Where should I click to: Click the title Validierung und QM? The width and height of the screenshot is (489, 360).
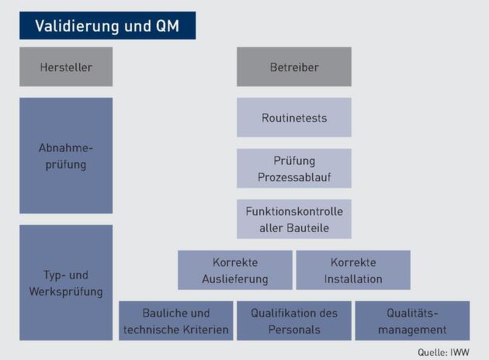(x=107, y=26)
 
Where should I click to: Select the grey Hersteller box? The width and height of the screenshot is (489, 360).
(x=66, y=67)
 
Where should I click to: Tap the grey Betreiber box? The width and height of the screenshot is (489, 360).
(x=294, y=67)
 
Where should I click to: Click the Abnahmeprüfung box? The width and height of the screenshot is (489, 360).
(x=66, y=155)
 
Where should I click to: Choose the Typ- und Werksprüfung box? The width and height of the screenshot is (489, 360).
(x=66, y=283)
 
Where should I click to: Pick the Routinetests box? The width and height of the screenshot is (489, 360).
(x=294, y=118)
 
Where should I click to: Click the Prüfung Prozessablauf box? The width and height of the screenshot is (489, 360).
(x=294, y=168)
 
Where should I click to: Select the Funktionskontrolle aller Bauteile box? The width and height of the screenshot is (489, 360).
(x=294, y=219)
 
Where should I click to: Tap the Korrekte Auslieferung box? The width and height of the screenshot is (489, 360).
(x=235, y=270)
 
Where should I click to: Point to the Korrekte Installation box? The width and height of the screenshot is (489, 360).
(x=353, y=270)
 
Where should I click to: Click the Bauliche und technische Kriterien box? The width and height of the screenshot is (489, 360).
(x=176, y=321)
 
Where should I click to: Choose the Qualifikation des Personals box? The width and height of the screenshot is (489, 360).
(x=294, y=321)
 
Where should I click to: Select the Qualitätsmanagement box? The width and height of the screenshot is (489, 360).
(x=412, y=321)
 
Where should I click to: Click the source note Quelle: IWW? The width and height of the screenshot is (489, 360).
(x=443, y=351)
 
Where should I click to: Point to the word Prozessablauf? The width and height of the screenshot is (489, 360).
(x=294, y=177)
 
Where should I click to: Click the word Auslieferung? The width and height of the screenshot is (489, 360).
(x=235, y=279)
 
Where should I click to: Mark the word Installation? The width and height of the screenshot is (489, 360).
(x=353, y=279)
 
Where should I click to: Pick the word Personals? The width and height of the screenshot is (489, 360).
(x=294, y=330)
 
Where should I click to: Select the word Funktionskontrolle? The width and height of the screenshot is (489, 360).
(x=294, y=211)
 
